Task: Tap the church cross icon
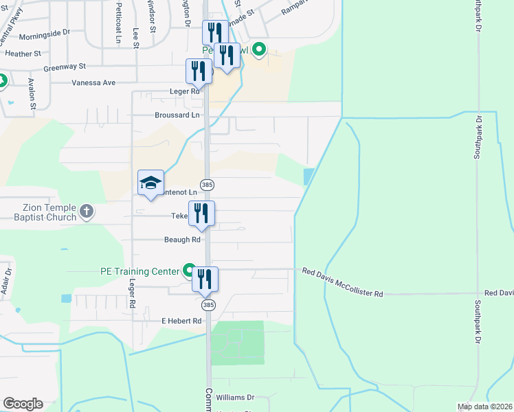tap(87, 211)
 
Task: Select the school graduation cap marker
tap(151, 183)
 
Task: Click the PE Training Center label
tap(139, 271)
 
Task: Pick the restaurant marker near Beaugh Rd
tap(201, 214)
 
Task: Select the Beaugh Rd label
tap(181, 240)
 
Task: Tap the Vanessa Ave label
tap(94, 82)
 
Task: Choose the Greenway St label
tap(64, 67)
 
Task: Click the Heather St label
tap(23, 53)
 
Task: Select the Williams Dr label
tap(235, 398)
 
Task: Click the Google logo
tap(23, 404)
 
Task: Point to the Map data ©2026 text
tap(484, 407)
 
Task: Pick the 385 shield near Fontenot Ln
tap(208, 185)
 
